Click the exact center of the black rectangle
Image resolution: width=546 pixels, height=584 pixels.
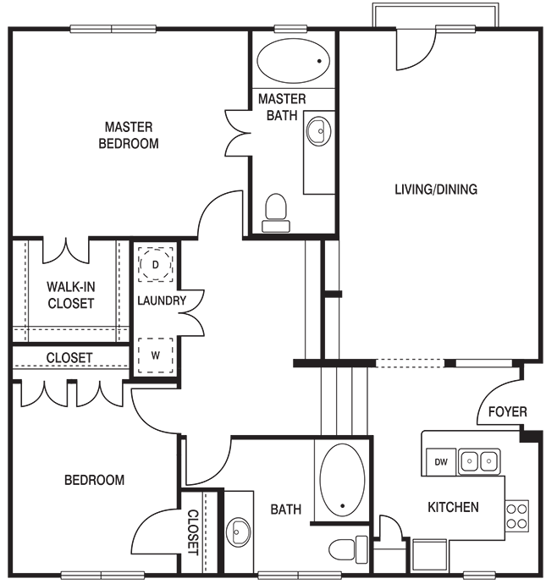(x=275, y=290)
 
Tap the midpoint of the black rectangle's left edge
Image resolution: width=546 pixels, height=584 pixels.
(x=8, y=290)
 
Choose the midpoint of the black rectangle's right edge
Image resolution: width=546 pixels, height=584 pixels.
(x=543, y=290)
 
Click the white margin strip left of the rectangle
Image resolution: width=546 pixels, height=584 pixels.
(x=3, y=290)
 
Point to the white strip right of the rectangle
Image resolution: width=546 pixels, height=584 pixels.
(x=544, y=290)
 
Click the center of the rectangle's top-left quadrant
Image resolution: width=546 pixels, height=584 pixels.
(x=141, y=146)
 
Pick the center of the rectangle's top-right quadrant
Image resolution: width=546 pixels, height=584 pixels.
(x=409, y=146)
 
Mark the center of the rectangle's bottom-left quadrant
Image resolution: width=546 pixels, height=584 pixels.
(x=141, y=434)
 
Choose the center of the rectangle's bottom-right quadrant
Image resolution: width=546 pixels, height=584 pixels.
(x=409, y=434)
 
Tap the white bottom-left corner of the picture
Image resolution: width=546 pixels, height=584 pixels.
(x=2, y=581)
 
